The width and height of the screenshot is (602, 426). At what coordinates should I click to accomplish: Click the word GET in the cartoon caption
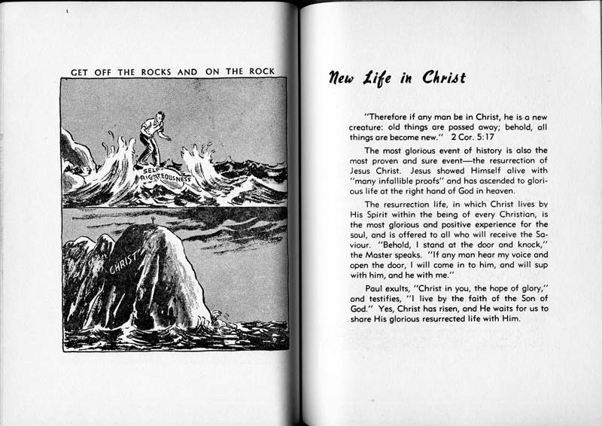pos(81,72)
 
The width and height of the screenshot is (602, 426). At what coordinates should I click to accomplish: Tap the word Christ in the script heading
pos(441,78)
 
